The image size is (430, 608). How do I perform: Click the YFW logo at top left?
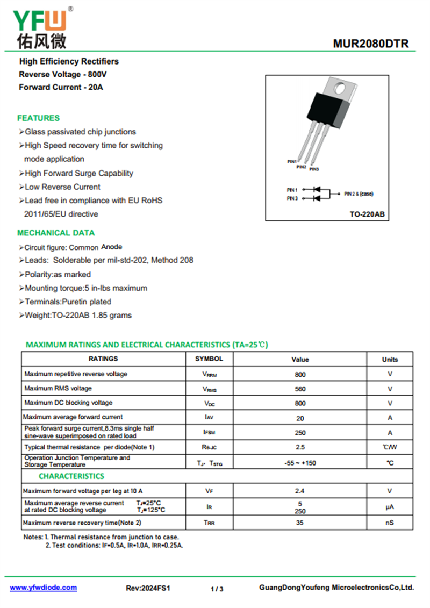tap(41, 26)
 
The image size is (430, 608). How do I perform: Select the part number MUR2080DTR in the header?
tap(370, 44)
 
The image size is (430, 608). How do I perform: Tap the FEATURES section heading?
tap(38, 118)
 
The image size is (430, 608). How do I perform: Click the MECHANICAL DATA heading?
tap(56, 233)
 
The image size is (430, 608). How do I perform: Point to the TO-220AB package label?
tap(367, 214)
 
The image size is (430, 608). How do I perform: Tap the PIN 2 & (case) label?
tap(358, 194)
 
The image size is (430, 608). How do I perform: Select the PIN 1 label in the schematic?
tap(292, 190)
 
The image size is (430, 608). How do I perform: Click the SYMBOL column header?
tap(209, 359)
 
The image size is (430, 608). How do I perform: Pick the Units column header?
tap(390, 359)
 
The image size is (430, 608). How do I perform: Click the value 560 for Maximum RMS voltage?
tap(300, 389)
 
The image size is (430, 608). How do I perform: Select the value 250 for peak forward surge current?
tap(300, 433)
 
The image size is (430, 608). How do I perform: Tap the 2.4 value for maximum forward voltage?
tap(300, 491)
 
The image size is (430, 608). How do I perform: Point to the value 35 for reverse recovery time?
tap(300, 522)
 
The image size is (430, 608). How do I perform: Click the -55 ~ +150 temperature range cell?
tap(300, 463)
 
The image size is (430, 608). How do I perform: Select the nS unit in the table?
tap(390, 522)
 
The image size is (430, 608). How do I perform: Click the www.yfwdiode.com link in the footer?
tap(43, 588)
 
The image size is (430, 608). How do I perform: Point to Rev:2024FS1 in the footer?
tap(148, 588)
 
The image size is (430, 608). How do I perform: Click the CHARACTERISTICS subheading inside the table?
tap(71, 476)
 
